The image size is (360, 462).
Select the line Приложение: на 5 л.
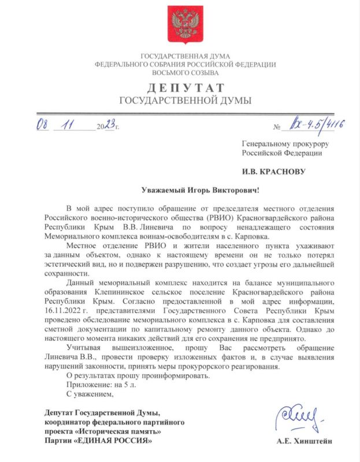click(98, 385)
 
